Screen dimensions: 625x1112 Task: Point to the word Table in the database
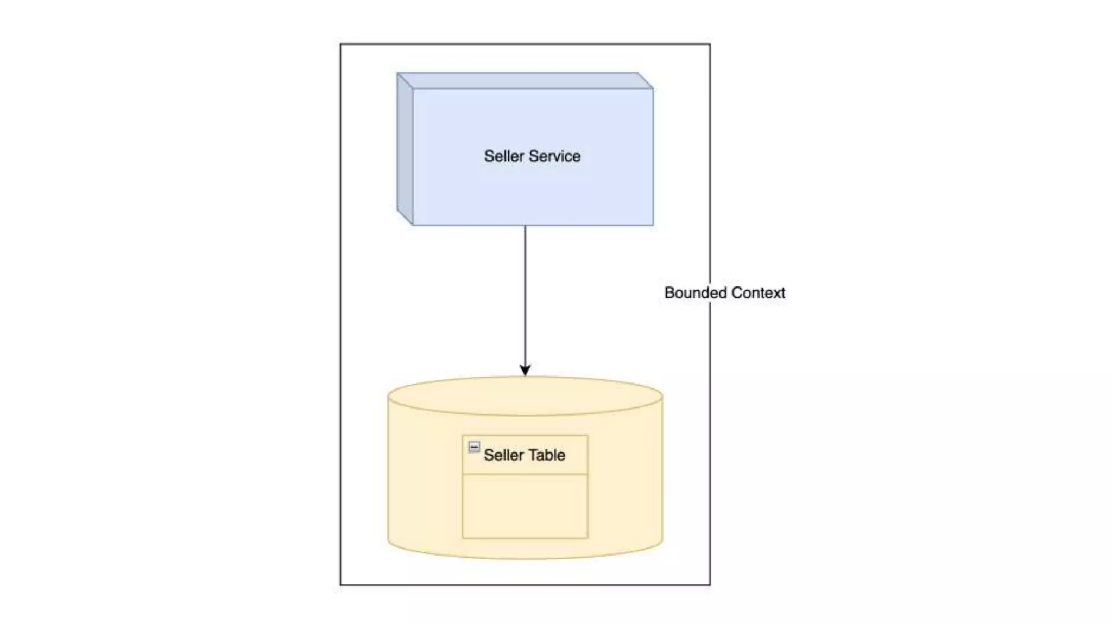(x=547, y=455)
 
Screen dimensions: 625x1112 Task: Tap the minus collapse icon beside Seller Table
(x=474, y=447)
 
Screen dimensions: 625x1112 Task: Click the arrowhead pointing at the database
(x=525, y=371)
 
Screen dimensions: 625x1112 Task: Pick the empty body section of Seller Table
(x=525, y=506)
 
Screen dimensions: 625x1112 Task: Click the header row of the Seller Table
(x=525, y=455)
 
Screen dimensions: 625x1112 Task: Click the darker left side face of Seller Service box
(x=405, y=149)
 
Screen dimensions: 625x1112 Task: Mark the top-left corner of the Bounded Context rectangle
(x=341, y=44)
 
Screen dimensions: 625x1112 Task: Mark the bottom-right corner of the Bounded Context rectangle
(x=710, y=585)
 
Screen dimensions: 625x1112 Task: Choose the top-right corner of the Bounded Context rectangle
(x=710, y=44)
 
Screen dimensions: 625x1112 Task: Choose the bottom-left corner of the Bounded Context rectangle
(x=341, y=585)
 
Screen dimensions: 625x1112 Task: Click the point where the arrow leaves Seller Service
(x=525, y=226)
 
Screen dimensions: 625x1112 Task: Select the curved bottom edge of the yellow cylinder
(x=525, y=558)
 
